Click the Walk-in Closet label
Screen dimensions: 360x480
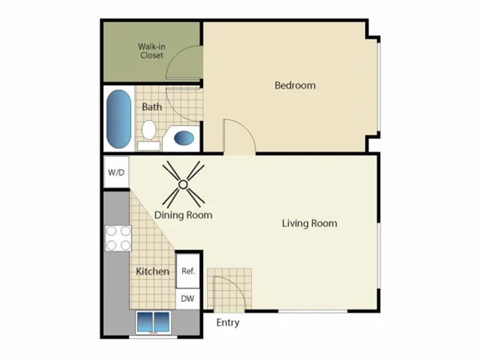coord(151,50)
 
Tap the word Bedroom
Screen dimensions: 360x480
coord(295,85)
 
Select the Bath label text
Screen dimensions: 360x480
coord(152,107)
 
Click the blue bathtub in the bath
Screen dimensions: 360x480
coord(119,119)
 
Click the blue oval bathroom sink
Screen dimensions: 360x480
coord(184,139)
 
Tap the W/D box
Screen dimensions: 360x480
coord(116,173)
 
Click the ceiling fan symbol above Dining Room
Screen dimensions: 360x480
coord(183,183)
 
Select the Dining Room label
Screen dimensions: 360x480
coord(183,215)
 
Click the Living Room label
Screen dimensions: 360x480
coord(309,223)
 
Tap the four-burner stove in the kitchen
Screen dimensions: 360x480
coord(118,238)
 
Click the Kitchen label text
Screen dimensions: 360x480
coord(152,271)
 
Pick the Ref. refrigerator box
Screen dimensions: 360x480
coord(188,271)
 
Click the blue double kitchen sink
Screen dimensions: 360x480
coord(154,322)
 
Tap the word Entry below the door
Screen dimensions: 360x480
coord(227,323)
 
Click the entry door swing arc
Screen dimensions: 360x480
coord(231,291)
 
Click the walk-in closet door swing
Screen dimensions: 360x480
coord(185,63)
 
